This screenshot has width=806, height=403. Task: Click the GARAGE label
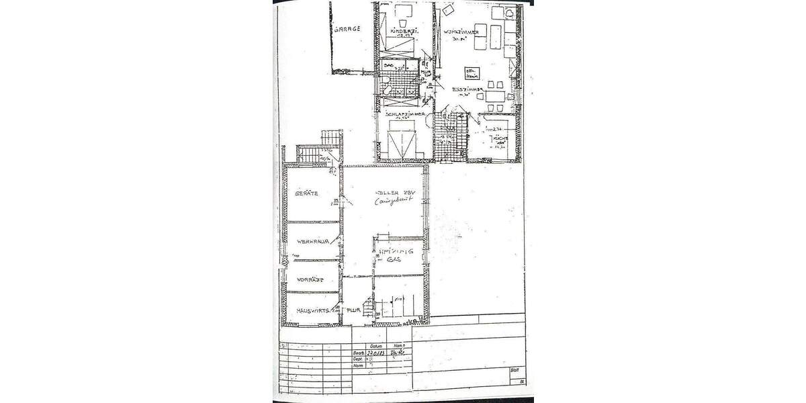347,29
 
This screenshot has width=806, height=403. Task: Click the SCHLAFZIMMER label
405,114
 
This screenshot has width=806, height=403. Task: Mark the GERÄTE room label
306,193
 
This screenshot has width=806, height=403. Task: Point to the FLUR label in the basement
354,311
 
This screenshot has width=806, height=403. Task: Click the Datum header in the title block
376,345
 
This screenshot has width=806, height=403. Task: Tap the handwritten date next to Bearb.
376,353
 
